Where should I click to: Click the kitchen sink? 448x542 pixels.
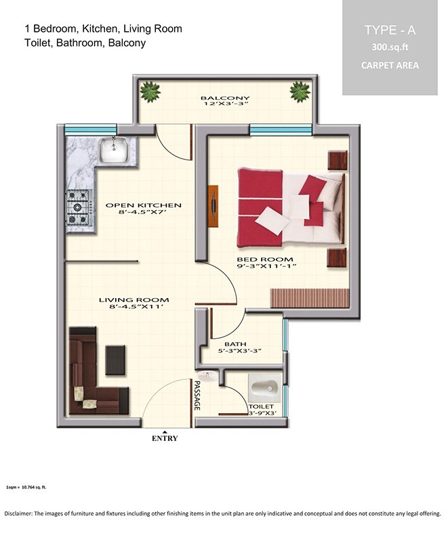(x=113, y=150)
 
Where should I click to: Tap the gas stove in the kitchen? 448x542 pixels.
(x=79, y=207)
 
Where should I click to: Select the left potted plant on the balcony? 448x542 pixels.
(x=150, y=91)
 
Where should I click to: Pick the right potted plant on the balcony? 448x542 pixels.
(x=300, y=92)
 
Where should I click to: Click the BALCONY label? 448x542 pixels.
(x=225, y=98)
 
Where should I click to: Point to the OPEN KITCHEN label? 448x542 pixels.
(x=143, y=205)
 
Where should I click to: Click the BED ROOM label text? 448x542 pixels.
(x=265, y=259)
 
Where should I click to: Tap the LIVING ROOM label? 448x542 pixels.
(x=134, y=300)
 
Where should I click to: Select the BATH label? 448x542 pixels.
(x=235, y=344)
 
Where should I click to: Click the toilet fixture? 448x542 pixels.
(x=264, y=388)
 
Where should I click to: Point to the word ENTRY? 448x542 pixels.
(x=165, y=438)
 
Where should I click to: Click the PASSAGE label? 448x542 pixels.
(x=197, y=396)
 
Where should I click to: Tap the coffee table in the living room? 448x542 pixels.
(x=115, y=360)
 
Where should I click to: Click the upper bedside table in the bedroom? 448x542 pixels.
(x=338, y=161)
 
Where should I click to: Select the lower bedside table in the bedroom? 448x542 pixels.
(x=337, y=257)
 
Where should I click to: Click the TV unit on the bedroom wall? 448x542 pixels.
(x=213, y=206)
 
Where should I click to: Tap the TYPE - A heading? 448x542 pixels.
(x=390, y=30)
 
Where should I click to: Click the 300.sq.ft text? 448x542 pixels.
(x=390, y=47)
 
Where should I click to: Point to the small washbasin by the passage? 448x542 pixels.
(x=207, y=375)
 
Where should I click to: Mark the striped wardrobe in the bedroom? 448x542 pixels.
(x=310, y=298)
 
